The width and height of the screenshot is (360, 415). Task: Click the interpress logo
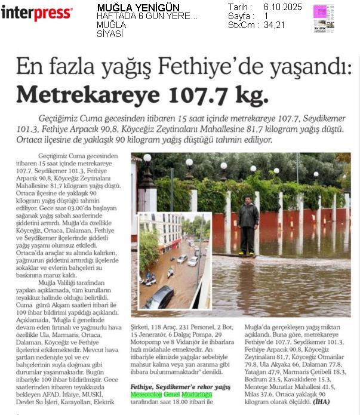coord(36,12)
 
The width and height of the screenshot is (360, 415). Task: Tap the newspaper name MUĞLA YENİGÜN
coord(130,7)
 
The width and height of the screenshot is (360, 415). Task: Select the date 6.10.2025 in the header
coord(282,7)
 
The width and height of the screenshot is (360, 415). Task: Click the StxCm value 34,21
coord(275,25)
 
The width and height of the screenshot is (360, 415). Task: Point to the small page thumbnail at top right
coord(324,18)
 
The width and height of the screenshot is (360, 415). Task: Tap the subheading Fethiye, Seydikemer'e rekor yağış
coord(180,386)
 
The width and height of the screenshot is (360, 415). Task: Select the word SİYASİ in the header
coord(110,34)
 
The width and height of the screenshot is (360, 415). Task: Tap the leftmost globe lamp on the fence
coord(147,158)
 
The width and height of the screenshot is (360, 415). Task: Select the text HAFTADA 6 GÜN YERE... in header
coord(147,16)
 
